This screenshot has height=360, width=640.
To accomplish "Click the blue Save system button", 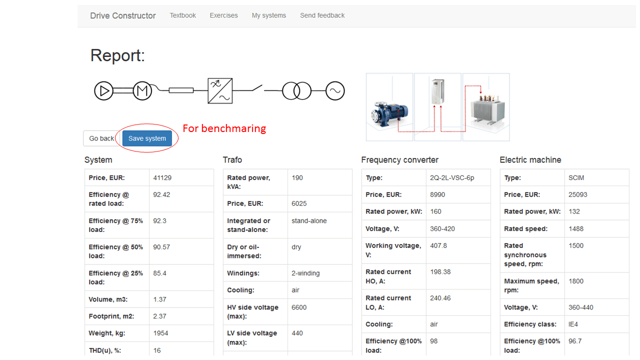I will [147, 138].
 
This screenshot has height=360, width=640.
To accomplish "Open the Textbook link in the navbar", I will [182, 15].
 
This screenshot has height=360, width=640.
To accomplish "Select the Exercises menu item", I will [223, 15].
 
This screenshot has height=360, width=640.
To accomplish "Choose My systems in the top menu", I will [269, 15].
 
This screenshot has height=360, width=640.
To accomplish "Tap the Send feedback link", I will [322, 15].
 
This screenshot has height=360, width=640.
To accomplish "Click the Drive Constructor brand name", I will [123, 15].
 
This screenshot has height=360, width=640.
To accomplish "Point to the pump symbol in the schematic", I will [104, 91].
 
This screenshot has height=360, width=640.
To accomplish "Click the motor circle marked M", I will [142, 91].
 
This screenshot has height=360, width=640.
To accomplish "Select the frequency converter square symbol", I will [220, 90].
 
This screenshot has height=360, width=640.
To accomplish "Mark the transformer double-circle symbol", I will [296, 91].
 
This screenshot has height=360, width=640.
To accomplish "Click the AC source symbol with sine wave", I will [335, 91].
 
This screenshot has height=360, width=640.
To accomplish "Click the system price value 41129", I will [162, 177].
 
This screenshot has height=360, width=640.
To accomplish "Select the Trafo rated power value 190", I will [297, 177].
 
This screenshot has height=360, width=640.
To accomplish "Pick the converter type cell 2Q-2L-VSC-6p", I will [451, 177].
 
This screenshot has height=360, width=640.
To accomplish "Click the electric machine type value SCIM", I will [576, 177].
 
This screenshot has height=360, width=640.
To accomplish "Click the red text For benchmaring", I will [224, 128].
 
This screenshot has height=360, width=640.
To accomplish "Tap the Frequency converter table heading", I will [399, 160].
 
